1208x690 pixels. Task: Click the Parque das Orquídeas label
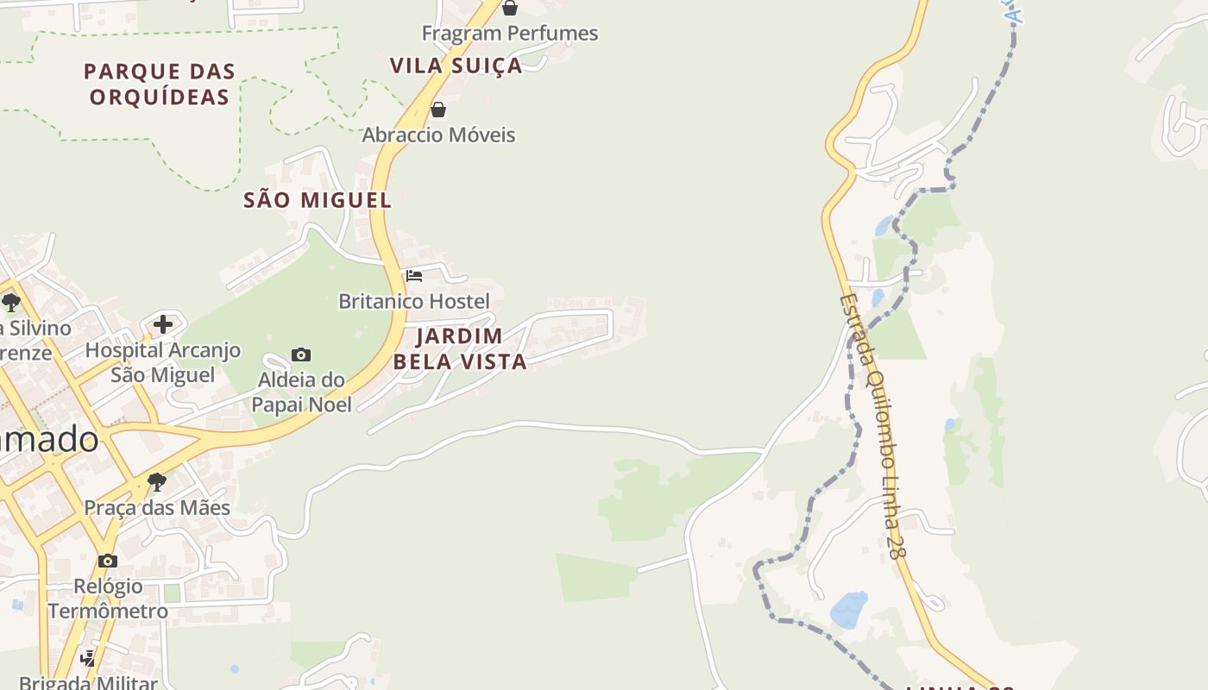click(x=160, y=84)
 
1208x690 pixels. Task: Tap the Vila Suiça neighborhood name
click(x=456, y=66)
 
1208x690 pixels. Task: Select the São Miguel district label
click(x=318, y=200)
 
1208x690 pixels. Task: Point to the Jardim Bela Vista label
click(x=460, y=348)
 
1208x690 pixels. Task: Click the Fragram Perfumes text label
click(x=509, y=34)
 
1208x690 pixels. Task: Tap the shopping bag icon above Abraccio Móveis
click(x=438, y=110)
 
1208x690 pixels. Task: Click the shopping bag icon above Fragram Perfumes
click(x=510, y=8)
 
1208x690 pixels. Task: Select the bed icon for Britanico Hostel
click(x=414, y=276)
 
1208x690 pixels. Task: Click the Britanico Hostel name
click(x=414, y=301)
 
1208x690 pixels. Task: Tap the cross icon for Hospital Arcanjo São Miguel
click(x=163, y=324)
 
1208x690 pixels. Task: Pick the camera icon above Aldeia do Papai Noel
click(x=301, y=354)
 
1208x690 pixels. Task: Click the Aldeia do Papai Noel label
click(x=302, y=392)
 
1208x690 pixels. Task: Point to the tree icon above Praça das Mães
click(x=156, y=481)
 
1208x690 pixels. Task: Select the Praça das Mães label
click(x=157, y=507)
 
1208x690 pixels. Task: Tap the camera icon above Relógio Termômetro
click(x=108, y=561)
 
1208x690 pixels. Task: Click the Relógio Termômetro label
click(x=108, y=599)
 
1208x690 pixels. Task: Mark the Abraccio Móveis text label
click(x=438, y=135)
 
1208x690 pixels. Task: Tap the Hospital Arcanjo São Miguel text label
click(x=163, y=362)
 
